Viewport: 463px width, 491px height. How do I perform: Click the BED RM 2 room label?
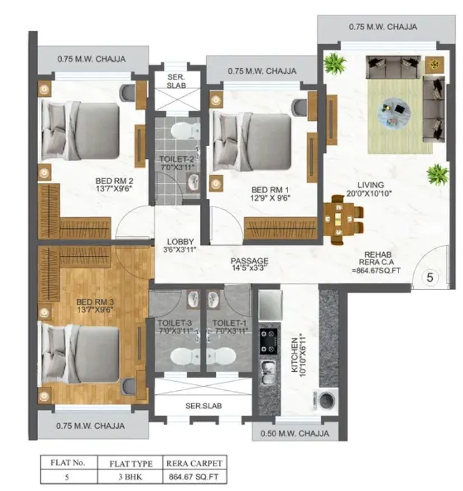114,185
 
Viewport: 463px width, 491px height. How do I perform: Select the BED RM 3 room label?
95,307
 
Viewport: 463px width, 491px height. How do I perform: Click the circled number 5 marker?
430,277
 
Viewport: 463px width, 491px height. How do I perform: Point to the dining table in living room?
340,219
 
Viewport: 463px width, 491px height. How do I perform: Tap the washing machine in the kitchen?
327,401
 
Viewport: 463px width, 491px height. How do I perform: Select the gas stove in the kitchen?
268,340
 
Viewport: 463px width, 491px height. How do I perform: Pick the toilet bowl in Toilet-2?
183,130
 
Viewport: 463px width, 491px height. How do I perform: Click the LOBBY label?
180,246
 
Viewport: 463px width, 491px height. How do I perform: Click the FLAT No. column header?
67,463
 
